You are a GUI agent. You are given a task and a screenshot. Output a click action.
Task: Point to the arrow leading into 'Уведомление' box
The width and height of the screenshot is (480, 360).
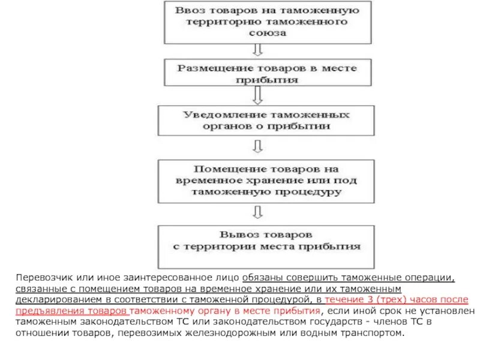coord(259,95)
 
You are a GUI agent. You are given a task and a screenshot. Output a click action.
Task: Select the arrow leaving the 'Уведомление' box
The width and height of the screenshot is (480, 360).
coord(259,146)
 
